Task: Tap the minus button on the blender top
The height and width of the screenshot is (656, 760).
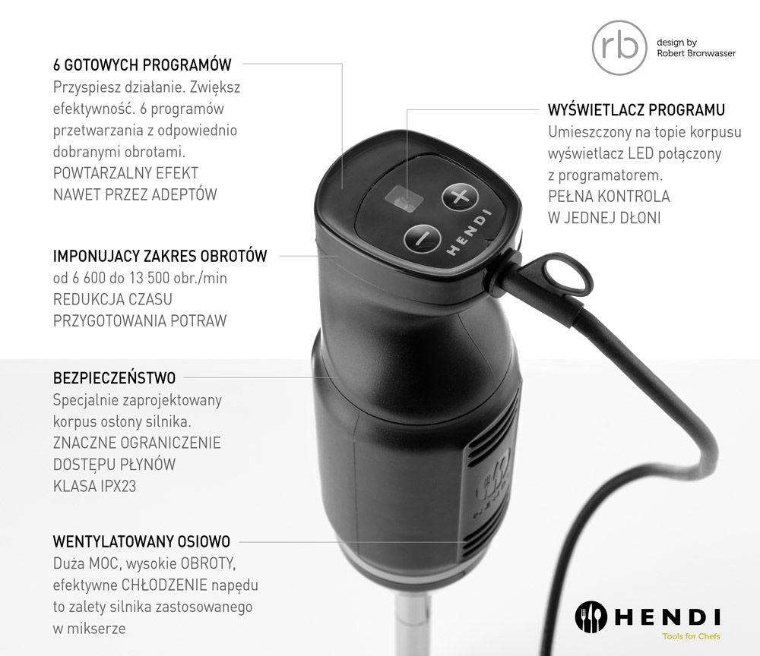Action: pyautogui.click(x=422, y=236)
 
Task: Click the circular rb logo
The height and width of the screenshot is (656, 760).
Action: pyautogui.click(x=615, y=47)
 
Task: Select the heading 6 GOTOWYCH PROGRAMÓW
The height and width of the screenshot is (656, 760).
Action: pyautogui.click(x=142, y=65)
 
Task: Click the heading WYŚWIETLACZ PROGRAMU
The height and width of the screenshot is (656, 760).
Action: pyautogui.click(x=636, y=110)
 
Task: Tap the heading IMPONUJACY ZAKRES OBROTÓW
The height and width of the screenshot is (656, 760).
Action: pyautogui.click(x=160, y=256)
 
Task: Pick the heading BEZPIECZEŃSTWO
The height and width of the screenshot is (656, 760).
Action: pyautogui.click(x=114, y=377)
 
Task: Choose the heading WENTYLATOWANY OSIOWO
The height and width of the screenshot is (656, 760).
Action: pyautogui.click(x=141, y=541)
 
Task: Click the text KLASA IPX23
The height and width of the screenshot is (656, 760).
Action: pyautogui.click(x=94, y=486)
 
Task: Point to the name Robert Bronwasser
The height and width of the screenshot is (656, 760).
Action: pyautogui.click(x=695, y=54)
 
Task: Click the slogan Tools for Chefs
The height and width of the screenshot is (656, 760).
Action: pyautogui.click(x=691, y=636)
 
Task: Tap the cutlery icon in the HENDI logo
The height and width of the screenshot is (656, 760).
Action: pyautogui.click(x=590, y=615)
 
